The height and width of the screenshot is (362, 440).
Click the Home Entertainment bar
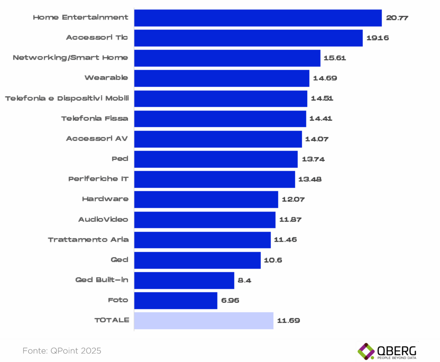pos(258,18)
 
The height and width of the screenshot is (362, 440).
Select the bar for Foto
pos(175,300)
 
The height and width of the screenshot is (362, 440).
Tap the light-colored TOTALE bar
pos(204,320)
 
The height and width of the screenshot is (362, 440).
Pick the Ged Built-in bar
pos(184,280)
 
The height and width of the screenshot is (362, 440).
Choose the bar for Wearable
pos(222,78)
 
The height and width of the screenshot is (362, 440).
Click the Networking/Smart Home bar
pos(227,58)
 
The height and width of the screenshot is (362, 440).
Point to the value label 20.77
pos(397,18)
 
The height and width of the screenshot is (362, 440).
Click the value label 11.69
pos(288,320)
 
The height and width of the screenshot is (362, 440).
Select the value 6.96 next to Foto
pos(230,300)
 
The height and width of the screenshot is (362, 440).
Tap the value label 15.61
pos(334,58)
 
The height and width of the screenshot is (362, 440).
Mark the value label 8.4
pos(244,280)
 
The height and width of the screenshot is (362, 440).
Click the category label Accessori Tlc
pos(97,38)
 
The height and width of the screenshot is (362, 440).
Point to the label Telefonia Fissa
pos(95,118)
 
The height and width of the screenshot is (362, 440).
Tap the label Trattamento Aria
pos(88,239)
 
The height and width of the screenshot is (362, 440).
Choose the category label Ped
pos(120,159)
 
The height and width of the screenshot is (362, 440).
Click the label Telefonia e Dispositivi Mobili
pos(67,98)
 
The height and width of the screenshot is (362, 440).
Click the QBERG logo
pos(387,351)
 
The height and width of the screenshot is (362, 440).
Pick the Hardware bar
pos(206,199)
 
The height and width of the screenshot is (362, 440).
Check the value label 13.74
pos(313,159)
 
